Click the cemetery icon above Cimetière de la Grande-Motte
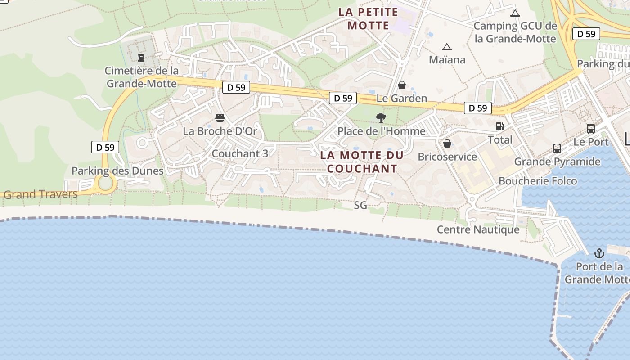click(x=141, y=57)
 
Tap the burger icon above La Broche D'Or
click(x=220, y=118)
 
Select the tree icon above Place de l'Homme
click(x=381, y=118)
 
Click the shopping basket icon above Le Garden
click(x=402, y=85)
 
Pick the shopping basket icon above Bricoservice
click(x=447, y=144)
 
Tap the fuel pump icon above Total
click(x=499, y=126)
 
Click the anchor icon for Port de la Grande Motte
click(x=599, y=253)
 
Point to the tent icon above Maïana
click(x=446, y=47)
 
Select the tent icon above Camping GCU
click(x=515, y=13)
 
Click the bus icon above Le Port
click(x=591, y=129)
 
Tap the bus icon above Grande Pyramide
click(x=557, y=148)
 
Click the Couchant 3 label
click(x=240, y=153)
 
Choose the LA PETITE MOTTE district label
click(x=368, y=18)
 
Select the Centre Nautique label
click(x=478, y=229)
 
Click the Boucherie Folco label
click(x=538, y=181)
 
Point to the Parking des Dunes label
click(x=117, y=171)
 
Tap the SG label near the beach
click(x=360, y=205)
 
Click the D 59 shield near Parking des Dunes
click(x=105, y=147)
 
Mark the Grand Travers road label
click(x=40, y=194)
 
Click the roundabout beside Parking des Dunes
click(x=105, y=183)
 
